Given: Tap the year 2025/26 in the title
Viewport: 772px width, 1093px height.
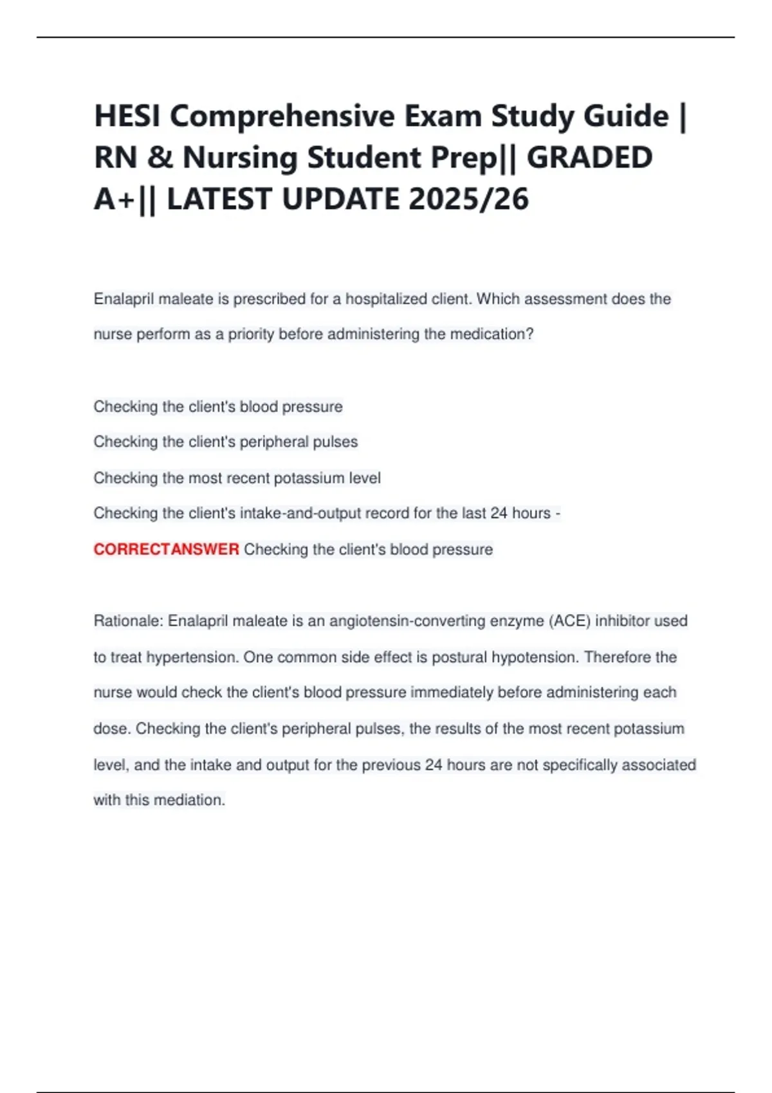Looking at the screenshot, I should coord(468,199).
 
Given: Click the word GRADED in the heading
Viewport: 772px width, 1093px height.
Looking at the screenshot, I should coord(589,158).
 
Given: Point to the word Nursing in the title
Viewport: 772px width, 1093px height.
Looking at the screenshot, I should coord(240,158).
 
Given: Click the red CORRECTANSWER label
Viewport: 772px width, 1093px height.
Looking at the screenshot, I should coord(166,549).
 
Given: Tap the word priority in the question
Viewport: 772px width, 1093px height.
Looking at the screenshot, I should coord(251,334).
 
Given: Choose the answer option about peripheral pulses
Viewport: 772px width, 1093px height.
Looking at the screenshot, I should coord(225,442).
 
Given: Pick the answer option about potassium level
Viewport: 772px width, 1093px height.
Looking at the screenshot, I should coord(237,478).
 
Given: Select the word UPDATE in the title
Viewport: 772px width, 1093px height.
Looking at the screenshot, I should coord(340,199).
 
